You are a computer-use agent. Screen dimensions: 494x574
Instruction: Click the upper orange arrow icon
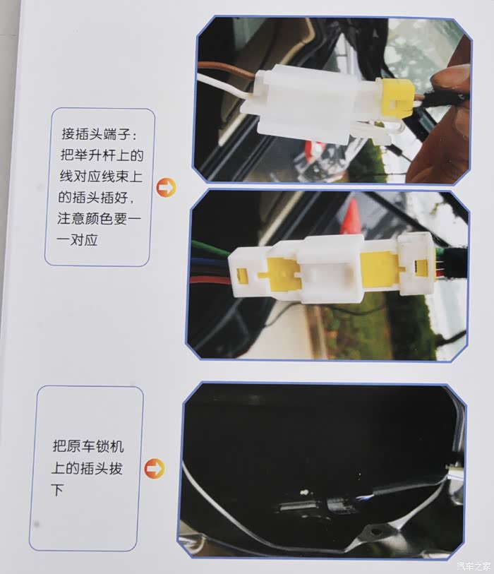(166, 188)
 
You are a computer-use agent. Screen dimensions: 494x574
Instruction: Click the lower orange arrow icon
(155, 468)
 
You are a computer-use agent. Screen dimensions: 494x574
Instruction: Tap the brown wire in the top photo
(227, 70)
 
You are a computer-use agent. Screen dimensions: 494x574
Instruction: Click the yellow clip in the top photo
(398, 97)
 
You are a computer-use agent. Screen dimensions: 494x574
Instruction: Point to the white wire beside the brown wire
(223, 86)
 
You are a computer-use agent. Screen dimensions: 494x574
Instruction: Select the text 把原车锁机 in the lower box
(88, 446)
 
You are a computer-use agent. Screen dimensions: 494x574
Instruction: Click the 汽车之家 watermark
(474, 566)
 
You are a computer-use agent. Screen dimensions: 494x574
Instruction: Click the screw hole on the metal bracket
(375, 531)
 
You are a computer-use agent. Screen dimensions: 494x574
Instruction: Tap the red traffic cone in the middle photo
(351, 216)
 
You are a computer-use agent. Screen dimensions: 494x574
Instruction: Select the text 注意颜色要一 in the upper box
(99, 219)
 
